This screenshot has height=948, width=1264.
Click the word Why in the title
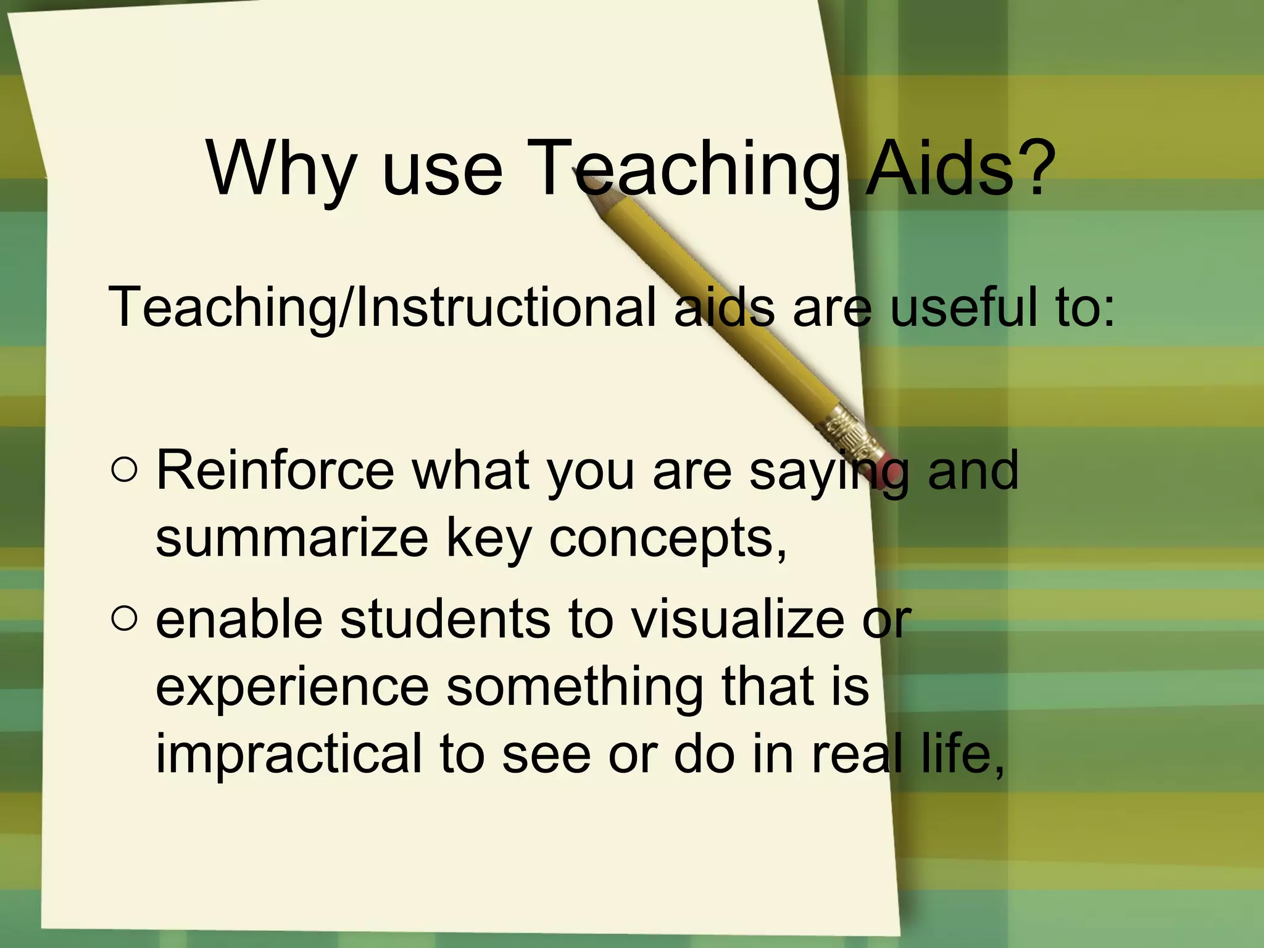[x=281, y=168]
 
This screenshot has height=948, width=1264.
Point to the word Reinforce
[x=275, y=470]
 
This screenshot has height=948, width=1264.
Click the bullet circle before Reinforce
[x=125, y=470]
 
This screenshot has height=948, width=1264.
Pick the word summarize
[x=292, y=538]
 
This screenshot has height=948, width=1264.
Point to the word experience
[x=292, y=687]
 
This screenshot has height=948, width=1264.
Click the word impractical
[x=288, y=754]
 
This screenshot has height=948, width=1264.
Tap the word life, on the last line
[x=963, y=754]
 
